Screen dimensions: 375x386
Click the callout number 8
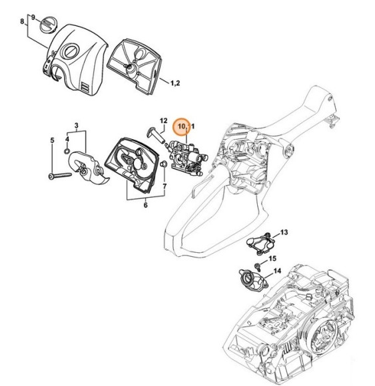pyautogui.click(x=22, y=21)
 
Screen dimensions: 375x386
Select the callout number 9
pyautogui.click(x=33, y=17)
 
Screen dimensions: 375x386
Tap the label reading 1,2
pyautogui.click(x=175, y=83)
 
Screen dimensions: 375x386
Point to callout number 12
pyautogui.click(x=164, y=120)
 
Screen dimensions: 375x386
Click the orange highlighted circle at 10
pyautogui.click(x=181, y=126)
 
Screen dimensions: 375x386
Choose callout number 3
pyautogui.click(x=77, y=125)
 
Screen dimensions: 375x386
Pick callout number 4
pyautogui.click(x=67, y=139)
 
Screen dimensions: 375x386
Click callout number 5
pyautogui.click(x=52, y=140)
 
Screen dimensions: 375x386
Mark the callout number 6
pyautogui.click(x=145, y=205)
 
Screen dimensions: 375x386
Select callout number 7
pyautogui.click(x=165, y=186)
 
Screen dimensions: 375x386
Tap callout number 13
pyautogui.click(x=284, y=232)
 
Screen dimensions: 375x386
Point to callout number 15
pyautogui.click(x=272, y=258)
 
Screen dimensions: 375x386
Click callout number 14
pyautogui.click(x=277, y=271)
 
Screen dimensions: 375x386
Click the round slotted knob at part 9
pyautogui.click(x=49, y=24)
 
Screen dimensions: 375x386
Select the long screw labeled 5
pyautogui.click(x=60, y=176)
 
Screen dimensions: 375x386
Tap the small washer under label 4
pyautogui.click(x=67, y=151)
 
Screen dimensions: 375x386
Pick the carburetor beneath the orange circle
pyautogui.click(x=187, y=158)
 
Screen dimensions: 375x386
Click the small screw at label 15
pyautogui.click(x=258, y=266)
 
